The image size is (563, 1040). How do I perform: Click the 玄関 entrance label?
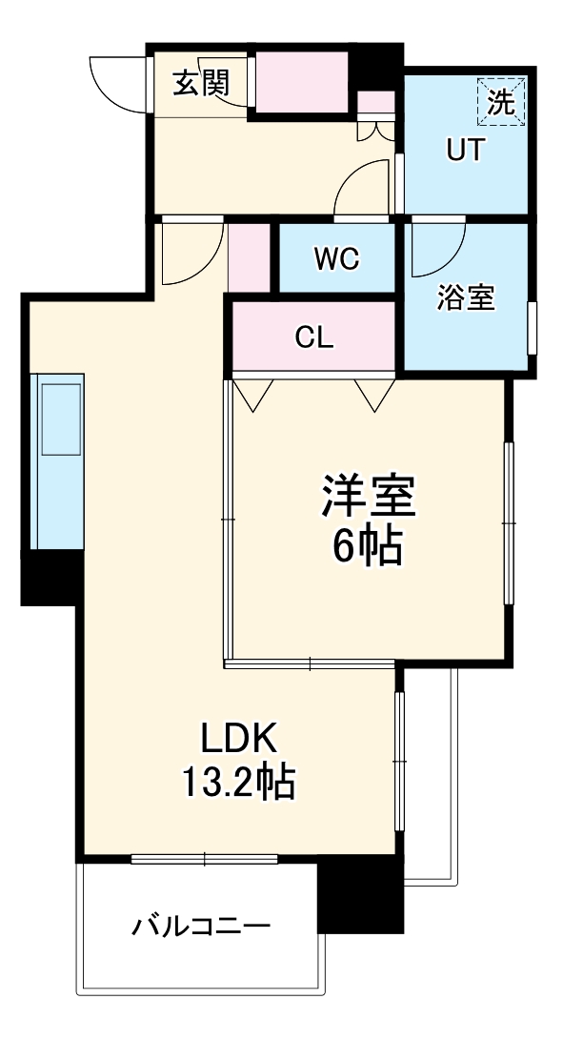coord(202,84)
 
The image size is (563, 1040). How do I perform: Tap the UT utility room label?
coord(467,151)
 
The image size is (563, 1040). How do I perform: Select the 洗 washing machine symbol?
coord(501,101)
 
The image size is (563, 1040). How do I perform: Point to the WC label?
coord(336,258)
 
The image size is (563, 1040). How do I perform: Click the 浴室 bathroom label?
coord(466,297)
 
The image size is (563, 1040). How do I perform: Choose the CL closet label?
coord(313,337)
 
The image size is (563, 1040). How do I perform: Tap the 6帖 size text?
coord(367,546)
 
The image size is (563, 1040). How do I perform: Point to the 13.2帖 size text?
coord(237,784)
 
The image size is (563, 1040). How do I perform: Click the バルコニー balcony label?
coord(202,926)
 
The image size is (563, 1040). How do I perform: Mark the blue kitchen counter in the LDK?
coord(58,461)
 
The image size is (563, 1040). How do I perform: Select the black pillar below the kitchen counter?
coord(50,578)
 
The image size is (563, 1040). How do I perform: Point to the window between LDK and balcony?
coord(205,859)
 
